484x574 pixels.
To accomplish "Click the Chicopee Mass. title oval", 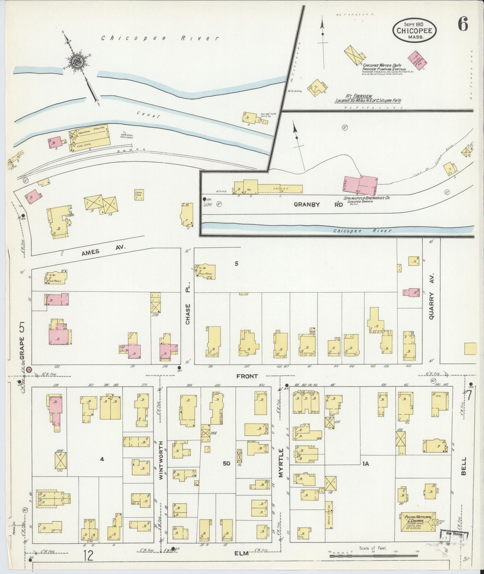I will click(x=415, y=30).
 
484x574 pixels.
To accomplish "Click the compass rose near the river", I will click(x=77, y=61).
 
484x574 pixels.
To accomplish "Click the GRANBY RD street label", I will click(x=319, y=204).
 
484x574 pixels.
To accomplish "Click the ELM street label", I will click(x=241, y=554).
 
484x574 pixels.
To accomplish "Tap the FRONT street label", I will click(x=247, y=376).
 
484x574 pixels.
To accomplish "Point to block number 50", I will click(x=227, y=463).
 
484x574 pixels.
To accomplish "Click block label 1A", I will click(x=365, y=464).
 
